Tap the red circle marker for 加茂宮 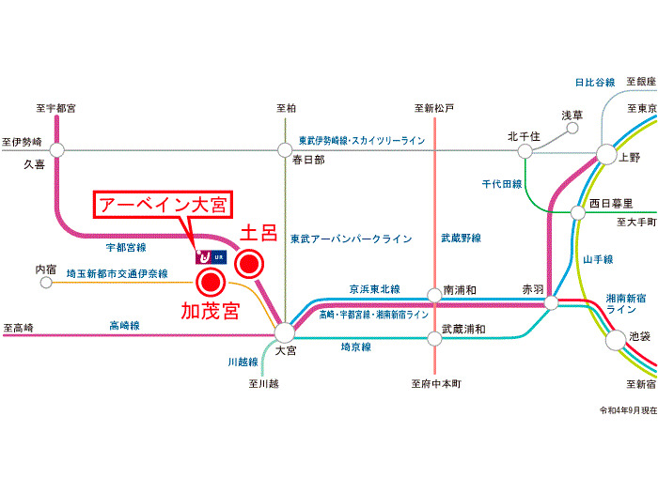[x=210, y=282]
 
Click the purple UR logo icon [x=201, y=255]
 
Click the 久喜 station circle [x=56, y=149]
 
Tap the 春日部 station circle [x=285, y=149]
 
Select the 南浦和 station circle [x=434, y=295]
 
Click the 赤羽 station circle [x=552, y=302]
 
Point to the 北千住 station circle [x=524, y=151]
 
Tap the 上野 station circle [x=605, y=153]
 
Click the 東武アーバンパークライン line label [x=352, y=239]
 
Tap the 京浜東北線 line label [x=374, y=289]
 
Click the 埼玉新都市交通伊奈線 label [x=117, y=273]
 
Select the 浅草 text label [x=572, y=116]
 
